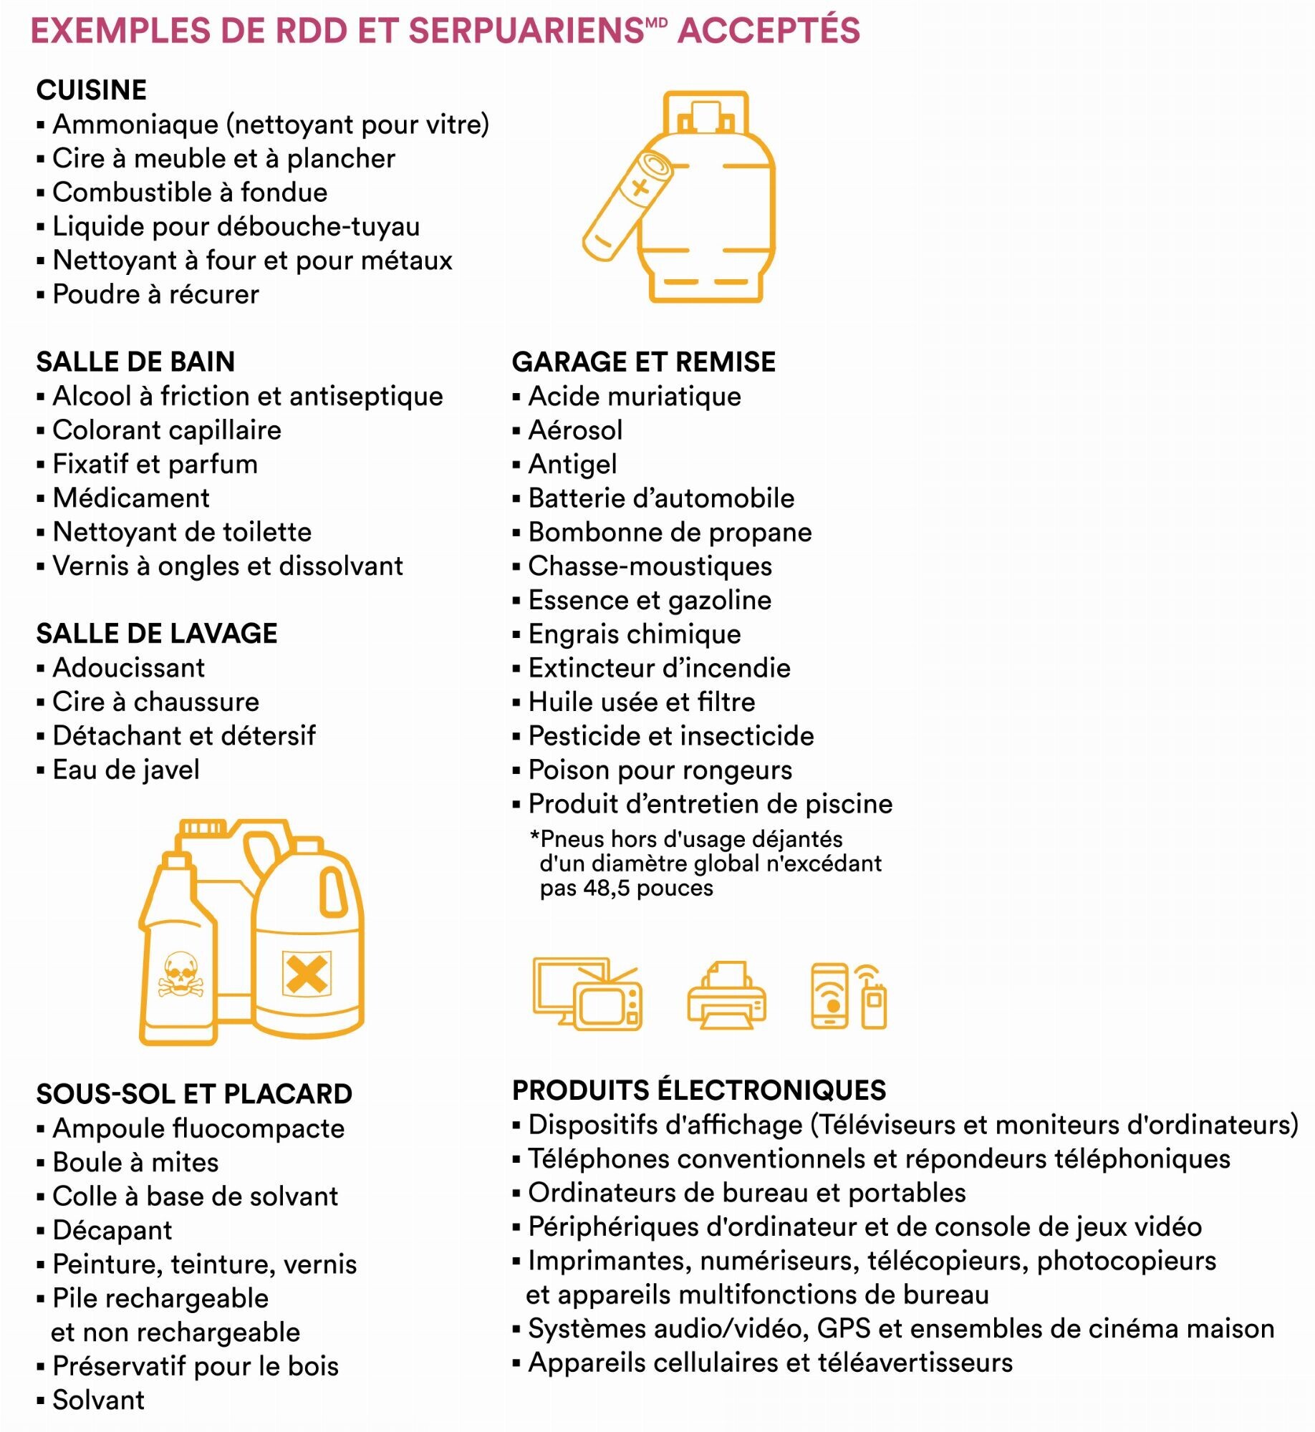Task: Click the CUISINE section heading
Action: pyautogui.click(x=91, y=90)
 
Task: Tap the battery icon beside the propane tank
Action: pyautogui.click(x=627, y=205)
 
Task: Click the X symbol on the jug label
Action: pyautogui.click(x=306, y=974)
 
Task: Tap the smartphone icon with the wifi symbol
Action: pyautogui.click(x=829, y=996)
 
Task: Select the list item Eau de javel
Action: pyautogui.click(x=126, y=770)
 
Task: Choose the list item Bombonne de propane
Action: pyautogui.click(x=670, y=532)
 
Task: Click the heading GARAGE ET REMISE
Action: pyautogui.click(x=643, y=362)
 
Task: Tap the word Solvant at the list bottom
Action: pyautogui.click(x=98, y=1400)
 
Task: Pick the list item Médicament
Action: pyautogui.click(x=131, y=498)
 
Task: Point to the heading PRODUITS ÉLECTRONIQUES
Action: pyautogui.click(x=699, y=1090)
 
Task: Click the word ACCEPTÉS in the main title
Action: pyautogui.click(x=769, y=31)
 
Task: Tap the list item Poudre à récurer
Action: pyautogui.click(x=155, y=294)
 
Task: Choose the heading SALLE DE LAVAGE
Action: pyautogui.click(x=157, y=633)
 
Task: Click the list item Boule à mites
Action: pyautogui.click(x=135, y=1162)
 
